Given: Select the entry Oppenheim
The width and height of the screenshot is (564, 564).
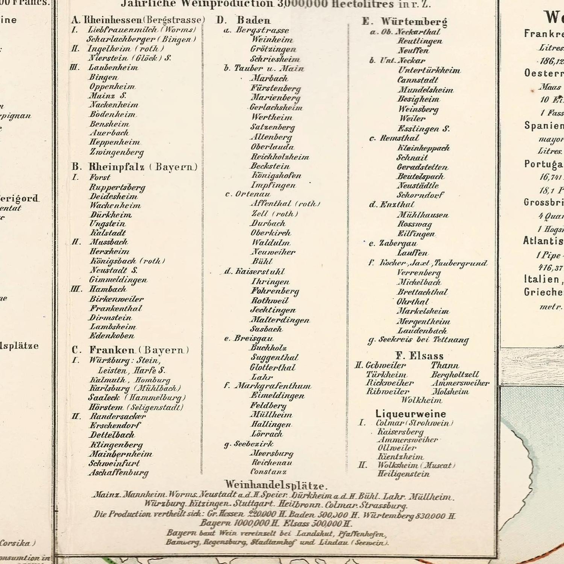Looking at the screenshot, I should [x=112, y=86].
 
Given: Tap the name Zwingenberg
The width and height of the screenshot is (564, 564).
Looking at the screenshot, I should [x=117, y=152].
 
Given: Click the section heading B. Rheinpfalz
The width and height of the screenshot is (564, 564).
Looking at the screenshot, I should [x=134, y=167].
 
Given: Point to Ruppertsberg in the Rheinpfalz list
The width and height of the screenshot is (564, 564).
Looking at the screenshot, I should [x=117, y=187].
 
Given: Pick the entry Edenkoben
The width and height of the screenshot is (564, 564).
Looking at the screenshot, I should [x=112, y=335].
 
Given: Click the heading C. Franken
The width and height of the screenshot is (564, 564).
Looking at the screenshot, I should [x=130, y=350].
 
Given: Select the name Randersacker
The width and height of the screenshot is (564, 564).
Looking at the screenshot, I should [x=118, y=416].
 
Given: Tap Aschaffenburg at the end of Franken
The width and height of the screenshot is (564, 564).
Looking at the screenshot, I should [x=119, y=473].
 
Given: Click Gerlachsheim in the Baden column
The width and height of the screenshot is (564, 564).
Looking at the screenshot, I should [x=276, y=107].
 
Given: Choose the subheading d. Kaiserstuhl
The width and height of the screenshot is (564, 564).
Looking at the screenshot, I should [x=255, y=271].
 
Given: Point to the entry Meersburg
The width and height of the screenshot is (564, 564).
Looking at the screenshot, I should [x=272, y=453].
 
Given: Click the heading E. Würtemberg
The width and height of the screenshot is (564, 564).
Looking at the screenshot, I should [x=405, y=21].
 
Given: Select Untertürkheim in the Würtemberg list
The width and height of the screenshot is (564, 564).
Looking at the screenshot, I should [x=429, y=70].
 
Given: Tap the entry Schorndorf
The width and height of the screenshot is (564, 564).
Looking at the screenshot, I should [x=420, y=195].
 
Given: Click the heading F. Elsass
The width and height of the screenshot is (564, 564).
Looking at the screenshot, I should [x=419, y=356].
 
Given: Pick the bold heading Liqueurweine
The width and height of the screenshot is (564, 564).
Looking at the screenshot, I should [x=411, y=414].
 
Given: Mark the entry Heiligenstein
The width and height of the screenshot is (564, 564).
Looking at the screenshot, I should [x=403, y=474].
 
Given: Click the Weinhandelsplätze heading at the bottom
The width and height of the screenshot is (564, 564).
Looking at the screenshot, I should [x=276, y=485].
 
